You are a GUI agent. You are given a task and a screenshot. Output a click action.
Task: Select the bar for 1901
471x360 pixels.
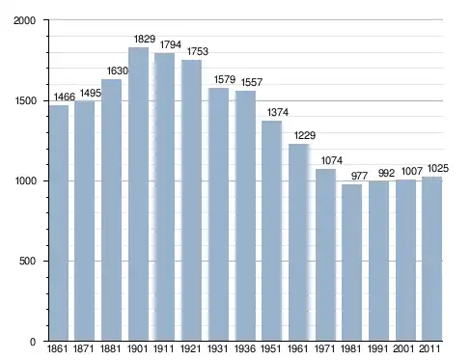coord(138,194)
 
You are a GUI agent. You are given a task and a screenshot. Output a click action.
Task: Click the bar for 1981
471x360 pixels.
coord(351,263)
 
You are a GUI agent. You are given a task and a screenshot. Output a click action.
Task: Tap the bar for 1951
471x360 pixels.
coord(271,231)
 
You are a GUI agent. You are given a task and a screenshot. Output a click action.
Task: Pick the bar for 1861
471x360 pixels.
coord(59,223)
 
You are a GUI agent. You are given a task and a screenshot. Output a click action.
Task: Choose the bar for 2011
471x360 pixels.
coord(431,259)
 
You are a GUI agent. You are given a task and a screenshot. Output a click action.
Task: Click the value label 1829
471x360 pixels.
coord(145,39)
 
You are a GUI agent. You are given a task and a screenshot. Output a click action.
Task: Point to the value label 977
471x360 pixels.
coord(359,176)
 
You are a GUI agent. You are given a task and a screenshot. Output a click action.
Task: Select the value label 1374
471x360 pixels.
coord(278,112)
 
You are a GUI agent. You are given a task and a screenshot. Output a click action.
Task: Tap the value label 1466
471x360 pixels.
coord(65,97)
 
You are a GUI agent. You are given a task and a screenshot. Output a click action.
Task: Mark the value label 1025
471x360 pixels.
coord(438,168)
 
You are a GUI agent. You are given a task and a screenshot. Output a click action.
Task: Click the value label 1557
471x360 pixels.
coord(252,82)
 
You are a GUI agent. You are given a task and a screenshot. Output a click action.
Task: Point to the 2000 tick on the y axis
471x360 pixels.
coord(24,20)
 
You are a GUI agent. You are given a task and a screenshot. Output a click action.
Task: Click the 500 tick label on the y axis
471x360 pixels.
coord(27,261)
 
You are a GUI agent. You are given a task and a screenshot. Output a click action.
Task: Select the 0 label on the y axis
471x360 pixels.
coord(33,342)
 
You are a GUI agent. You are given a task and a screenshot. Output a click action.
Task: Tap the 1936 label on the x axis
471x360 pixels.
coord(245,348)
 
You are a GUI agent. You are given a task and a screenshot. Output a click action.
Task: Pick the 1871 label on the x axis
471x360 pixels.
coord(84,348)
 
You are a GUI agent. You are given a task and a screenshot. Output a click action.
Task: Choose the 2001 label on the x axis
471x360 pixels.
coord(403,348)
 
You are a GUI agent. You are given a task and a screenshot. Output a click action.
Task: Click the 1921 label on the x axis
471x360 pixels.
coord(191,348)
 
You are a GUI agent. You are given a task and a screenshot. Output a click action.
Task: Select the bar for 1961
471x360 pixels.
coord(298,242)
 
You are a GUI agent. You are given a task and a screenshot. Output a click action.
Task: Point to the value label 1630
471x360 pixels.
coord(118,70)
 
